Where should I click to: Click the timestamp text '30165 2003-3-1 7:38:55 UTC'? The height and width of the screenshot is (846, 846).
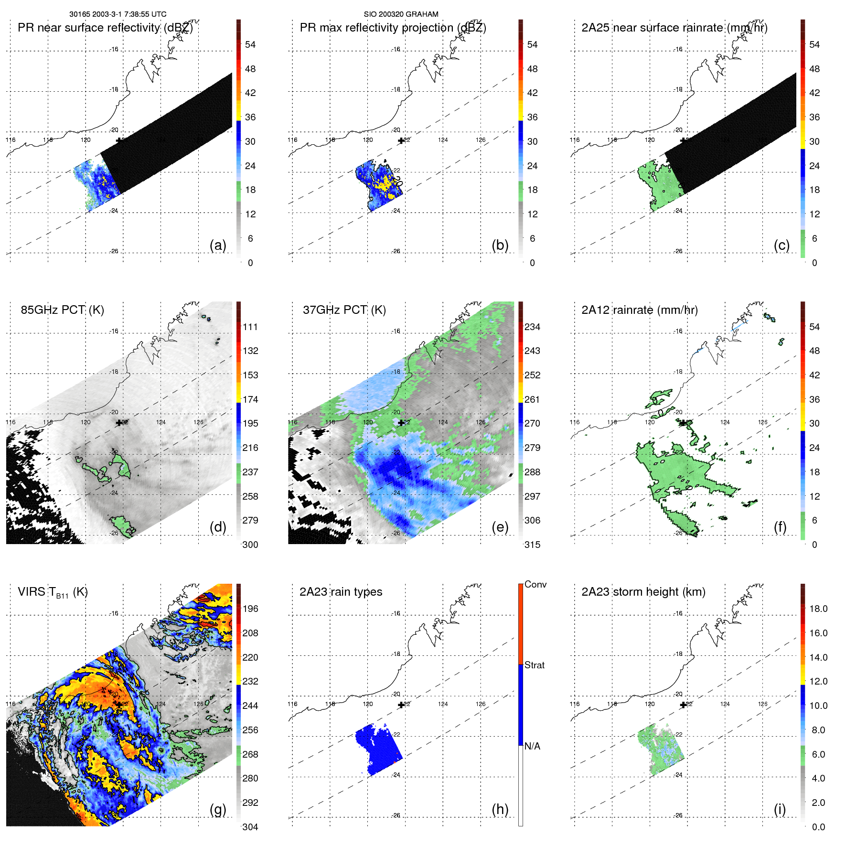pos(118,14)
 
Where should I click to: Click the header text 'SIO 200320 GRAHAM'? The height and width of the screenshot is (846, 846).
pos(401,14)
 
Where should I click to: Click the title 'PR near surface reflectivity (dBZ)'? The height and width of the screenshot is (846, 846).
pos(105,28)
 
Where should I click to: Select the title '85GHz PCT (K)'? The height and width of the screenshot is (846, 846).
pos(62,310)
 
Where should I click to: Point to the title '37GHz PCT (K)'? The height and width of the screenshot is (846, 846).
pos(344,310)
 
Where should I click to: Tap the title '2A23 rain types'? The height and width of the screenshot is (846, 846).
pos(341,592)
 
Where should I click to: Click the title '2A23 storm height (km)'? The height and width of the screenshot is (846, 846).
pos(643,592)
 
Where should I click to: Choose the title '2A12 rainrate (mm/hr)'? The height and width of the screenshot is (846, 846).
pos(640,310)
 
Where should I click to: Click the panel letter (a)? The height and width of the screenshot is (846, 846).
pos(218,245)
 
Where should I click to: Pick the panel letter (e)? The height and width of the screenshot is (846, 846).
pos(500,527)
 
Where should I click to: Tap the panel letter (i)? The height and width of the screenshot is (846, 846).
pos(780,809)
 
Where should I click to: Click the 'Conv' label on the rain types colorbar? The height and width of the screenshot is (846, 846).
pos(535,584)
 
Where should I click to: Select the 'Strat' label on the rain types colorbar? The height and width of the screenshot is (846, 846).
pos(535,665)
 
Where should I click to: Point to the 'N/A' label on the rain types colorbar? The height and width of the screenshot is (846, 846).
pos(532,746)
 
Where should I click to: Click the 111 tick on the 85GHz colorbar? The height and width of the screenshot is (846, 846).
pos(250,327)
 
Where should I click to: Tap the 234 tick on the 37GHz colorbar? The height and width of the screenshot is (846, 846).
pos(532,327)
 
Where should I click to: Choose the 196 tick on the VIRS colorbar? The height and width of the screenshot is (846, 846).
pos(250,609)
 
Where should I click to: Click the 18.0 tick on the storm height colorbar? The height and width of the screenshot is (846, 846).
pos(818,609)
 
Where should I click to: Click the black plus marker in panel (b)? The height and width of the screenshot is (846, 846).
pos(401,141)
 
